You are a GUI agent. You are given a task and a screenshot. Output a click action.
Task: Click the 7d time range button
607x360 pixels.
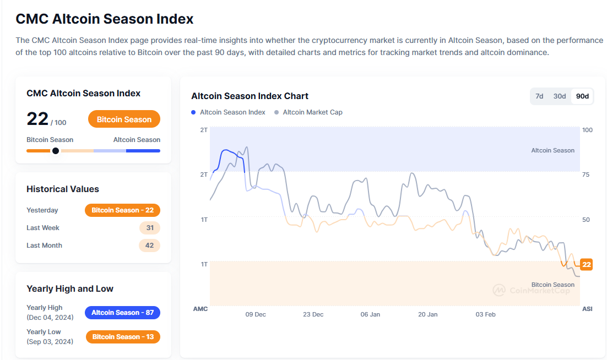coord(539,96)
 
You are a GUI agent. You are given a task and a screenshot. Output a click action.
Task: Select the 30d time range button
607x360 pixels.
coord(560,96)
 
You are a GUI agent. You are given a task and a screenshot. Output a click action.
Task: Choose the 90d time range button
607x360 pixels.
coord(582,96)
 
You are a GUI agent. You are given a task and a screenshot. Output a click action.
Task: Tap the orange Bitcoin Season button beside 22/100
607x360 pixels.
coord(124,119)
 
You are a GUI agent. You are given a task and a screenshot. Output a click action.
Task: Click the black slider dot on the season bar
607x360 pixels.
coord(56,151)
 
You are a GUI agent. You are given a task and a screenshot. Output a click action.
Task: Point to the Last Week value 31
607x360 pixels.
coord(149,228)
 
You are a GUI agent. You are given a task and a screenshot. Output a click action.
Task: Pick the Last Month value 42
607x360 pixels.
coord(149,246)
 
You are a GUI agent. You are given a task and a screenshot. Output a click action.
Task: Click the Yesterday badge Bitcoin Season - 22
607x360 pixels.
coord(122,210)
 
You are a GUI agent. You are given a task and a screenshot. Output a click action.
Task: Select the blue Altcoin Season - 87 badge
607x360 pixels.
coord(122,313)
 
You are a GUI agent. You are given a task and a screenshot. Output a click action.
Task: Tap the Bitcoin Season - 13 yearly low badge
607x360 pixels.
coord(123,337)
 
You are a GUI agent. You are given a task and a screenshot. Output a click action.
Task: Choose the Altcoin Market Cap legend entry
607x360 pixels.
coord(312,112)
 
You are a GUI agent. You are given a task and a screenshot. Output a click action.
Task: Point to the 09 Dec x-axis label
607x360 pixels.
coord(256,314)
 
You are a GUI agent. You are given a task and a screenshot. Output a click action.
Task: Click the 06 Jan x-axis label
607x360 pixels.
coord(370,314)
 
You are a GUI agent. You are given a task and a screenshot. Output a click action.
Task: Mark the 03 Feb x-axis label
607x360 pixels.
coord(485,314)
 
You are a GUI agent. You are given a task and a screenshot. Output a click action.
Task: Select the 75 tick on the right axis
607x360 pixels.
coord(586,174)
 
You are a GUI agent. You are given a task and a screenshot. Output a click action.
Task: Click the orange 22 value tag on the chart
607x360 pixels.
coord(587,265)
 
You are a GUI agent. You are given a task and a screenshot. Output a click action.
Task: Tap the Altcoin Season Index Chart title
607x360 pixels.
coord(250,96)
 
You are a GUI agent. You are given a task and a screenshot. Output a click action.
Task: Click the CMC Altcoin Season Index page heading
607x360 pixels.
coord(105,19)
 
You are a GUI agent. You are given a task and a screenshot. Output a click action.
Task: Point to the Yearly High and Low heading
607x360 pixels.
coord(70,289)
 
